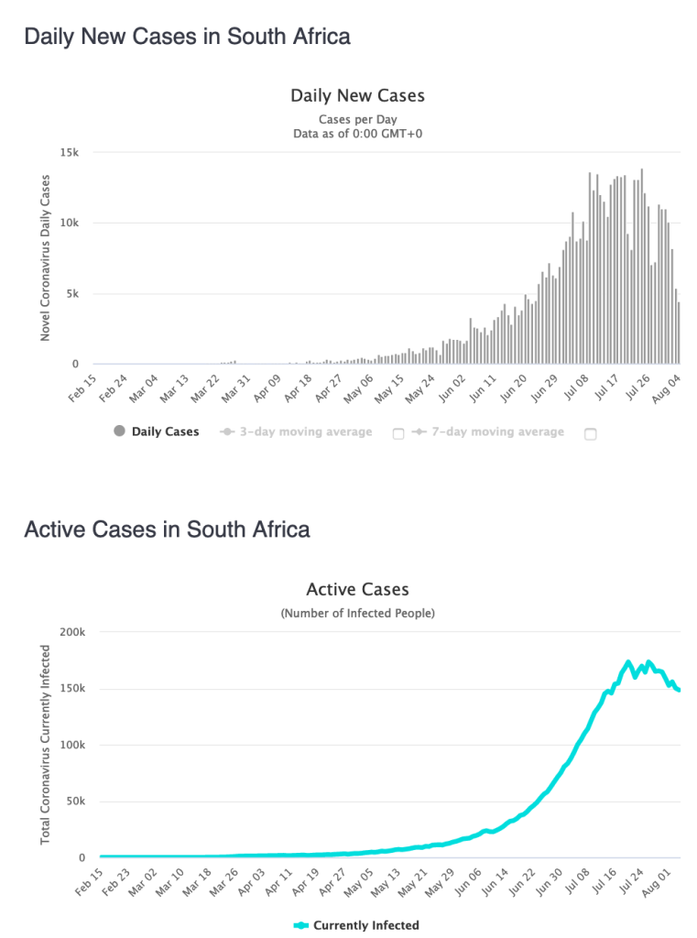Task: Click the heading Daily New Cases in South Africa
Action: pyautogui.click(x=187, y=38)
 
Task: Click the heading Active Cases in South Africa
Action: pyautogui.click(x=167, y=529)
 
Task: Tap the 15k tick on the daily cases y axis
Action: pyautogui.click(x=70, y=153)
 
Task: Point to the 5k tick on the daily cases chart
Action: pyautogui.click(x=73, y=294)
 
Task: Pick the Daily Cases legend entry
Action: pyautogui.click(x=157, y=431)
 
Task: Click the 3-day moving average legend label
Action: pyautogui.click(x=306, y=431)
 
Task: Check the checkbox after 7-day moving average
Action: pyautogui.click(x=590, y=434)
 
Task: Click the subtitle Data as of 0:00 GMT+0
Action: pyautogui.click(x=357, y=134)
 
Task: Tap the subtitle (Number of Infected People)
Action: pyautogui.click(x=357, y=613)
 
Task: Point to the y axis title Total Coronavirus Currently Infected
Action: pyautogui.click(x=45, y=744)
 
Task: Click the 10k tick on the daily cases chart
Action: pyautogui.click(x=71, y=224)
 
